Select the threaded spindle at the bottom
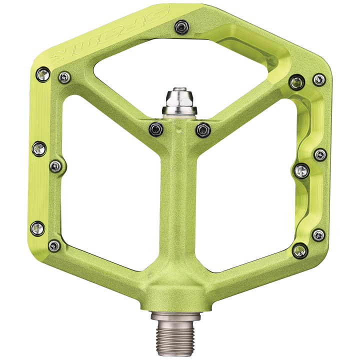(179, 334)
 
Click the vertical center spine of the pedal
(179, 210)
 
